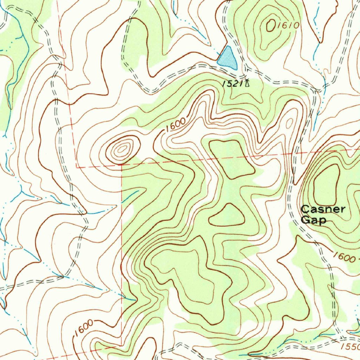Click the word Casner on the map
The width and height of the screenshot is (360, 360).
(323, 210)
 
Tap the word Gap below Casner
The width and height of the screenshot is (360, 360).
(314, 220)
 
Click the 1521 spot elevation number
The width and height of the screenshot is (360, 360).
(232, 83)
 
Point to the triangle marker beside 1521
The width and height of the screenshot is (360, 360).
(247, 83)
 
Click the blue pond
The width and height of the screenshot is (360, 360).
(227, 57)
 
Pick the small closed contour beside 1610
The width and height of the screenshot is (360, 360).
(271, 25)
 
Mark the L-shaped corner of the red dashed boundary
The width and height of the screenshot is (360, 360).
(77, 167)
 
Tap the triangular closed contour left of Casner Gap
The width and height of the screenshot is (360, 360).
(227, 216)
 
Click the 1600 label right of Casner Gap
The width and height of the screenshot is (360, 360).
(343, 258)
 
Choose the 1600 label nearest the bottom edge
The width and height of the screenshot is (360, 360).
(84, 327)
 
